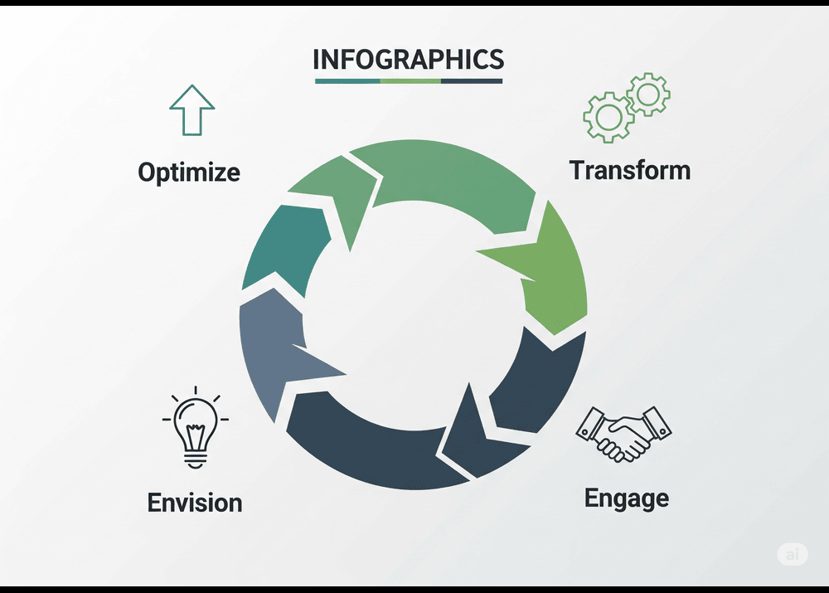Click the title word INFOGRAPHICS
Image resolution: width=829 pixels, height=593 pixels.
[408, 59]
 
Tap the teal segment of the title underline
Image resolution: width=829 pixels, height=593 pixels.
[347, 81]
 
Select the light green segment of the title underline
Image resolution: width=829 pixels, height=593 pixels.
[410, 81]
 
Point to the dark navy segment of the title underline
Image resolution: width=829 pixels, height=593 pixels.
[472, 81]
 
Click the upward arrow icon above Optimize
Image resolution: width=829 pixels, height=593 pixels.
[192, 110]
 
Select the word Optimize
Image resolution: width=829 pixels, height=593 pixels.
[189, 173]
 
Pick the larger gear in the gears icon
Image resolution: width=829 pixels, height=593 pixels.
[608, 117]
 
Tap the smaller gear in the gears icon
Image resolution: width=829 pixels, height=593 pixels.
[648, 95]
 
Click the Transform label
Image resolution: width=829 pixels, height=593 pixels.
[630, 170]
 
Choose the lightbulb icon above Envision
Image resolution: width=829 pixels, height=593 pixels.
[195, 427]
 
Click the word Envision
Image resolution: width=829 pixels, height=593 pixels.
[195, 503]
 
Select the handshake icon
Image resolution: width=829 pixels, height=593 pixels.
[624, 434]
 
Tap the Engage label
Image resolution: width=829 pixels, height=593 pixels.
[627, 498]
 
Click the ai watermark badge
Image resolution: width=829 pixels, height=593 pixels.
[793, 554]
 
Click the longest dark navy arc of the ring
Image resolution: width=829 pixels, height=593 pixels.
[370, 455]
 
